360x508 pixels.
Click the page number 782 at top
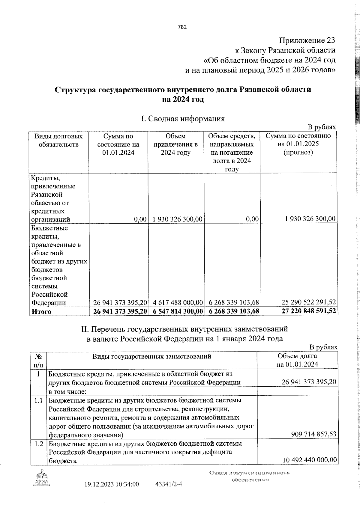click(182, 27)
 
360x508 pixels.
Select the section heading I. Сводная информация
click(183, 119)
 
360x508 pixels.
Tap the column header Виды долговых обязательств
click(58, 140)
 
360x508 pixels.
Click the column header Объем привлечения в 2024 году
click(175, 144)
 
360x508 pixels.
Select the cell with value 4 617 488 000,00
click(178, 302)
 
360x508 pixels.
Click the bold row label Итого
click(41, 311)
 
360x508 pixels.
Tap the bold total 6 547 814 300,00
click(178, 311)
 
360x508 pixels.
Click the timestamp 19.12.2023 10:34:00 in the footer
click(112, 492)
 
